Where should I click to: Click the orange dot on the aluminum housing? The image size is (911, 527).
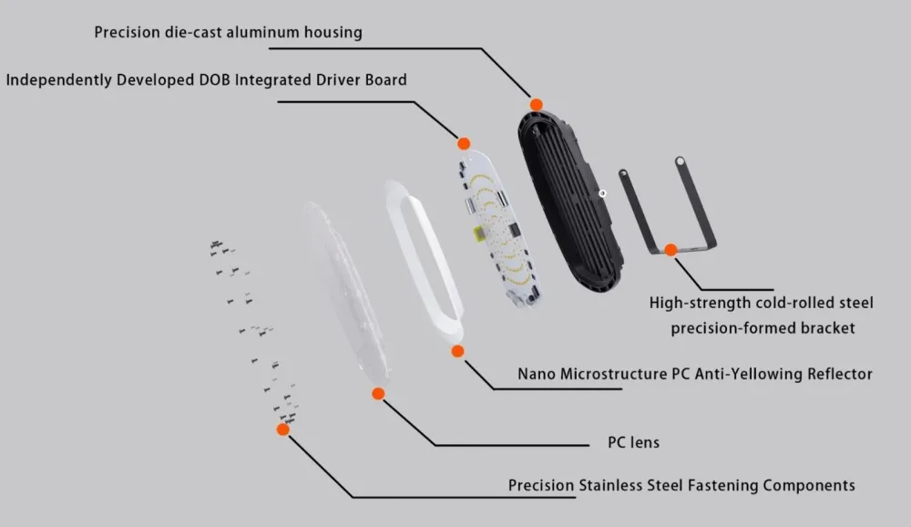[537, 105]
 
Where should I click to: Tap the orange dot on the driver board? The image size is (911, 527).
[464, 144]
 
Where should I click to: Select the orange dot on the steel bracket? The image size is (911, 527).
[671, 250]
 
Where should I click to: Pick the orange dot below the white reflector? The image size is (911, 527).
[458, 351]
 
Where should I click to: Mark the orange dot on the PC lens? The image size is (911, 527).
[378, 394]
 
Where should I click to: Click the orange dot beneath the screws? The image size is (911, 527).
[283, 429]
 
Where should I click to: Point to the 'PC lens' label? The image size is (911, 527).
[633, 442]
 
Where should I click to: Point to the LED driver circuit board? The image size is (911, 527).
[498, 227]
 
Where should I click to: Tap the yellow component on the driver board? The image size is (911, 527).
[479, 234]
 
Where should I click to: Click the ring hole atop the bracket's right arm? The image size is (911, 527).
[680, 161]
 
